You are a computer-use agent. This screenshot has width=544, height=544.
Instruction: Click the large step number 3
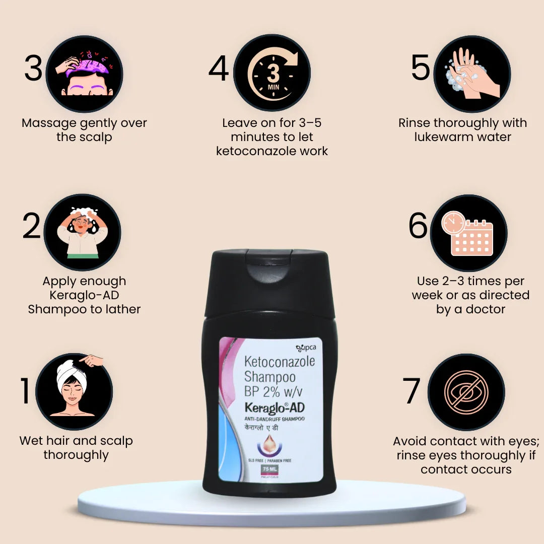pos(33,69)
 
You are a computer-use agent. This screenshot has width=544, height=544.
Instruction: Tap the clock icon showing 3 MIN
pos(273,74)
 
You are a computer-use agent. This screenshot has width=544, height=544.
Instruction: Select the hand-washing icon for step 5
pos(472,74)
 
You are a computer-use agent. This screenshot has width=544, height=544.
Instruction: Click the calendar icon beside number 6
pos(468,233)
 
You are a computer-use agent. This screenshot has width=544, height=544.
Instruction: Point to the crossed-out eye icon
pos(466,392)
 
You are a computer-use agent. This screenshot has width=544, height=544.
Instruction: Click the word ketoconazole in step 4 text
pos(272,151)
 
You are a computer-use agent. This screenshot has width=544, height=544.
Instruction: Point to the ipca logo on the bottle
pos(305,347)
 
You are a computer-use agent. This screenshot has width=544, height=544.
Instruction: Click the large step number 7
pos(412,391)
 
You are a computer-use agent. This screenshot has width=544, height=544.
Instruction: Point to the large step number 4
pos(219,70)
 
